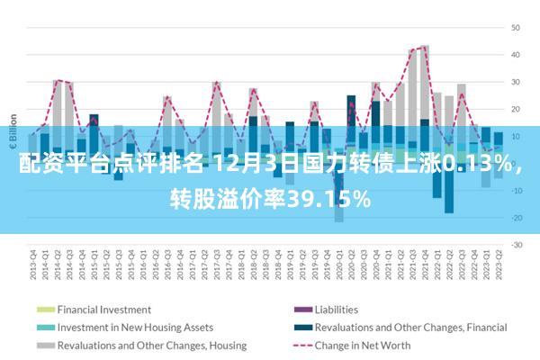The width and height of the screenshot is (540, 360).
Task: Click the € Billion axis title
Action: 13,131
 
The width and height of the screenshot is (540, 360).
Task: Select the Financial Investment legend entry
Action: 103,309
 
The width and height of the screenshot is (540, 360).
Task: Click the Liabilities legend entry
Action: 336,309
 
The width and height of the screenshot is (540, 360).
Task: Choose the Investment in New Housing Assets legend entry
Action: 135,327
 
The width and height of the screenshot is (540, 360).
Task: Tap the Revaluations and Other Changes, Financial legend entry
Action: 410,327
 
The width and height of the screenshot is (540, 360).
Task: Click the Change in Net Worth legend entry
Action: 363,345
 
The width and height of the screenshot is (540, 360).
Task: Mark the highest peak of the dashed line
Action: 424,47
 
